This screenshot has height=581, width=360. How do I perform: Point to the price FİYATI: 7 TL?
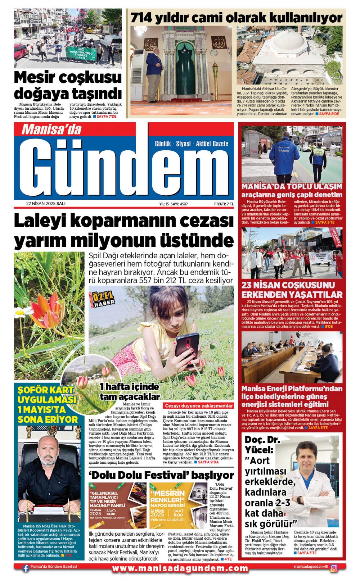coord(224,204)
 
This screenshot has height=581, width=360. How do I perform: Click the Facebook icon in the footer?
coord(26,568)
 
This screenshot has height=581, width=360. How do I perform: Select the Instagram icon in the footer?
coord(334,568)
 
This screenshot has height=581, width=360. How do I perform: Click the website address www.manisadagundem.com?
coord(180,568)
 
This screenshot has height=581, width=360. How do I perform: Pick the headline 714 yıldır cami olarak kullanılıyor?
coord(236,18)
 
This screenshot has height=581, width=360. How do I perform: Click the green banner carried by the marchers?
coord(81,53)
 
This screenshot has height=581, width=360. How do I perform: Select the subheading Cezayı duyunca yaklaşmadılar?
coord(199,405)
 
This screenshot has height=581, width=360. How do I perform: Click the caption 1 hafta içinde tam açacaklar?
coord(129,391)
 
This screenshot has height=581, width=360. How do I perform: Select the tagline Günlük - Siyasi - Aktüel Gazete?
coord(191,144)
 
